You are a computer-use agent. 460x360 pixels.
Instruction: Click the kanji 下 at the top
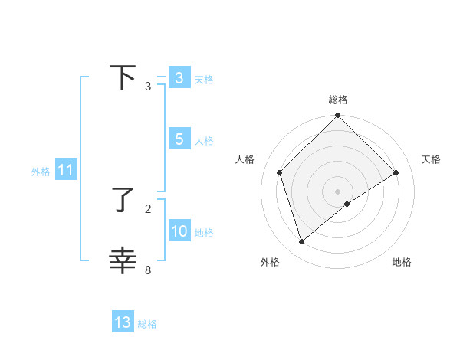point(123,77)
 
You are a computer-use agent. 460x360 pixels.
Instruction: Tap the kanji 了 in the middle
point(123,200)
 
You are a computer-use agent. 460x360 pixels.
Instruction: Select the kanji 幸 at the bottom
point(123,260)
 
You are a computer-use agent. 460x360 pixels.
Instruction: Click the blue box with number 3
point(179,78)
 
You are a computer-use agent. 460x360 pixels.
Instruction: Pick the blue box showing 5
point(179,139)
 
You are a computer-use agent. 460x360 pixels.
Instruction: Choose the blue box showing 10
point(179,231)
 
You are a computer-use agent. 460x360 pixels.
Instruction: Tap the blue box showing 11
point(65,170)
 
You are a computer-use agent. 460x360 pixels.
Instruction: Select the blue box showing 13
point(123,322)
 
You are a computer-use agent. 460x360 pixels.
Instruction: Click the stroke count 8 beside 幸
point(148,270)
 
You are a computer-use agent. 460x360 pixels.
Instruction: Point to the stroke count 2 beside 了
point(148,208)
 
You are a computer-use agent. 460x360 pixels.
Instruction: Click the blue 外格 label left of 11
point(41,172)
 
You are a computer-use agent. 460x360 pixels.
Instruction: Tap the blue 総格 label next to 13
point(147,324)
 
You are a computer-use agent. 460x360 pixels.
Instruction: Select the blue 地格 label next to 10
point(204,233)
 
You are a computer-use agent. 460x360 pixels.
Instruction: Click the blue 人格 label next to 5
point(204,141)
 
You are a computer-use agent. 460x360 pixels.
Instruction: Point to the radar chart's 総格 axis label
point(337,100)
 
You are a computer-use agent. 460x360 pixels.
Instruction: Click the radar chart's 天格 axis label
point(431,159)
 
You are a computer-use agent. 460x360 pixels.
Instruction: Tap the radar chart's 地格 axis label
point(402,263)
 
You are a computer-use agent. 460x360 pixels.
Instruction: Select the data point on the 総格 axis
point(337,116)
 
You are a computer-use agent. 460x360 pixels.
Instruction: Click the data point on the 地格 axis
point(347,204)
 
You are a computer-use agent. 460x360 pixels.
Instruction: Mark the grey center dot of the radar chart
point(337,191)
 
